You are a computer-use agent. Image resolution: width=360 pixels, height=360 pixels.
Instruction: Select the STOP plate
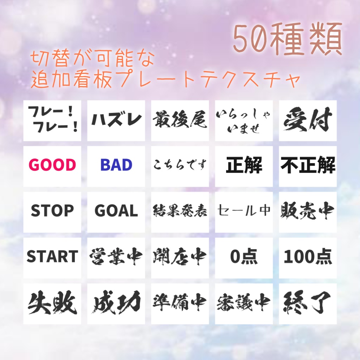tap(52, 211)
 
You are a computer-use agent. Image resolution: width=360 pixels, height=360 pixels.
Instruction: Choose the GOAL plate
tap(116, 211)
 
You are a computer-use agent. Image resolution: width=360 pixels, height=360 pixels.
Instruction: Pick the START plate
tap(52, 257)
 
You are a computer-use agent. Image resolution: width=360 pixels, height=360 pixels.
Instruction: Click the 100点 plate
tap(308, 257)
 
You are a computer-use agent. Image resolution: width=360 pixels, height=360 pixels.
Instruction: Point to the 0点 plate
tap(244, 257)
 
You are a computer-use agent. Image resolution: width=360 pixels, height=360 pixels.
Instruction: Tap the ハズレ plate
tap(116, 120)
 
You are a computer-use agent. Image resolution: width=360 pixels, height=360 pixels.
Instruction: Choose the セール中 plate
tap(244, 211)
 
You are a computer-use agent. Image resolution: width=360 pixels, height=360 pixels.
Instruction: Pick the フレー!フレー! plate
tap(52, 120)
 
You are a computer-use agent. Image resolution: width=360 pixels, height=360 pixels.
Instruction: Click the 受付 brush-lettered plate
tap(308, 120)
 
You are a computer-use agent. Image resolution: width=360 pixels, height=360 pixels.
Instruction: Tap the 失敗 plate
tap(52, 303)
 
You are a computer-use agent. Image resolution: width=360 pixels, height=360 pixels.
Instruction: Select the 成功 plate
tap(116, 303)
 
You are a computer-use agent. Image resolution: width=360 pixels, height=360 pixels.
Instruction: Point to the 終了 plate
tap(308, 303)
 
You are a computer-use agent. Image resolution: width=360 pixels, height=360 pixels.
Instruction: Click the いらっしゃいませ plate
tap(244, 120)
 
